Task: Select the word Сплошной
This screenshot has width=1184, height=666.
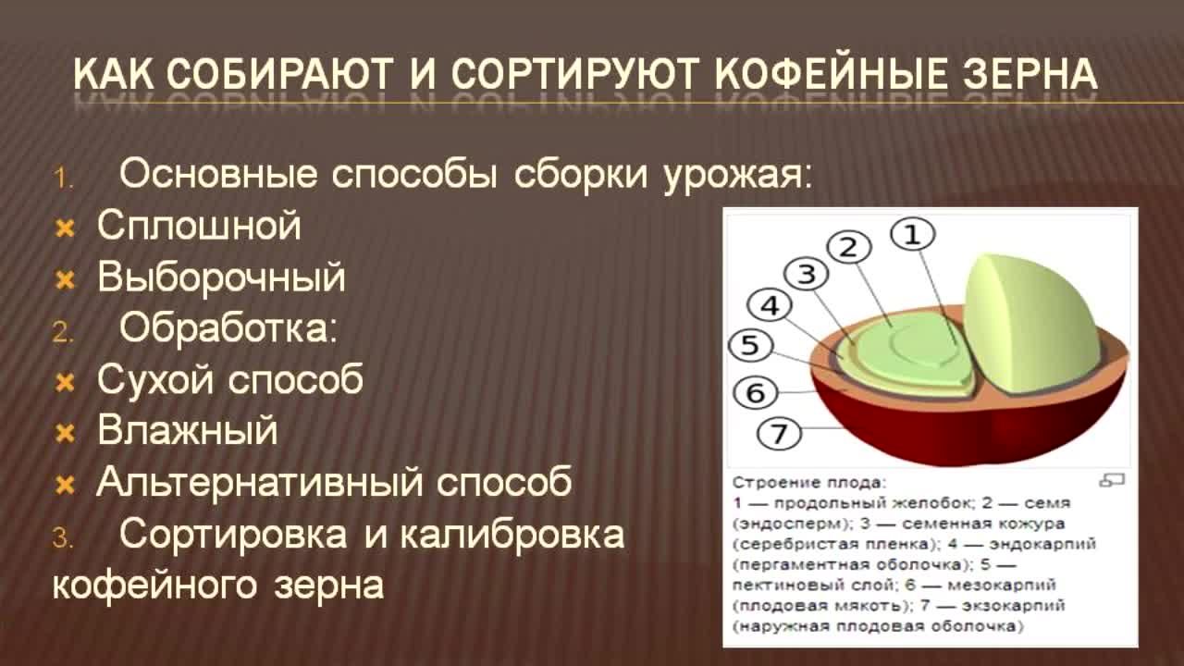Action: (x=199, y=226)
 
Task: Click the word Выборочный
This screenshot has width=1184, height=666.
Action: (x=221, y=277)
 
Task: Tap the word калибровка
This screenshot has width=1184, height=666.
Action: (x=512, y=534)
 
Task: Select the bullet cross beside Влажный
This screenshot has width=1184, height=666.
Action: (x=65, y=434)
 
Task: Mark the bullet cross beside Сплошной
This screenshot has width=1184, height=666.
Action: (x=65, y=228)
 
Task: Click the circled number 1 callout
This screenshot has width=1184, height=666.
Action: (x=912, y=235)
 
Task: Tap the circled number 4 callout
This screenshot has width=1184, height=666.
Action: (x=769, y=305)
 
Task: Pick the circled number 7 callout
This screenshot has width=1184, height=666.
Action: (x=779, y=434)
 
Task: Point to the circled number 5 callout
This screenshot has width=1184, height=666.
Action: (x=750, y=345)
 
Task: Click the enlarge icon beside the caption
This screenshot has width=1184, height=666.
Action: (x=1112, y=480)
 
